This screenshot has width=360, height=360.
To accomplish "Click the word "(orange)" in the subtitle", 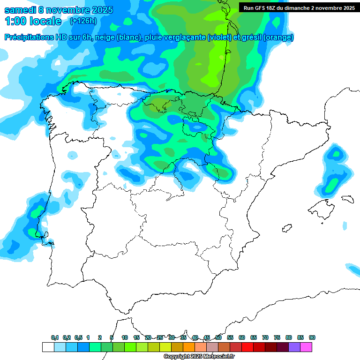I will (x=278, y=37).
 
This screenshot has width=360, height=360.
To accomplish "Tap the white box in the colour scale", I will (x=48, y=347).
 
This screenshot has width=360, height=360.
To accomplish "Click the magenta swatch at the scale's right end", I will (x=306, y=347).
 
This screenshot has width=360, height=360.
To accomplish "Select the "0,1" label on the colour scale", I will (x=55, y=337).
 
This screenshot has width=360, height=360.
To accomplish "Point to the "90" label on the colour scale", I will (x=312, y=337).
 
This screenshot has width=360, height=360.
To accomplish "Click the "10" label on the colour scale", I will (x=125, y=337).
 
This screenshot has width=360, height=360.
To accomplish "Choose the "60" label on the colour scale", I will (x=242, y=337).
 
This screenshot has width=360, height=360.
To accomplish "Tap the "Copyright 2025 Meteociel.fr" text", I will (x=199, y=357).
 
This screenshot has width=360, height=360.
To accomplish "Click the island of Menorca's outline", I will (x=347, y=199).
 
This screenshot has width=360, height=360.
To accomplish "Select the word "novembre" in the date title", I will (x=67, y=10).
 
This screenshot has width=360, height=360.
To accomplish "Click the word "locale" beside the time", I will (x=46, y=21).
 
